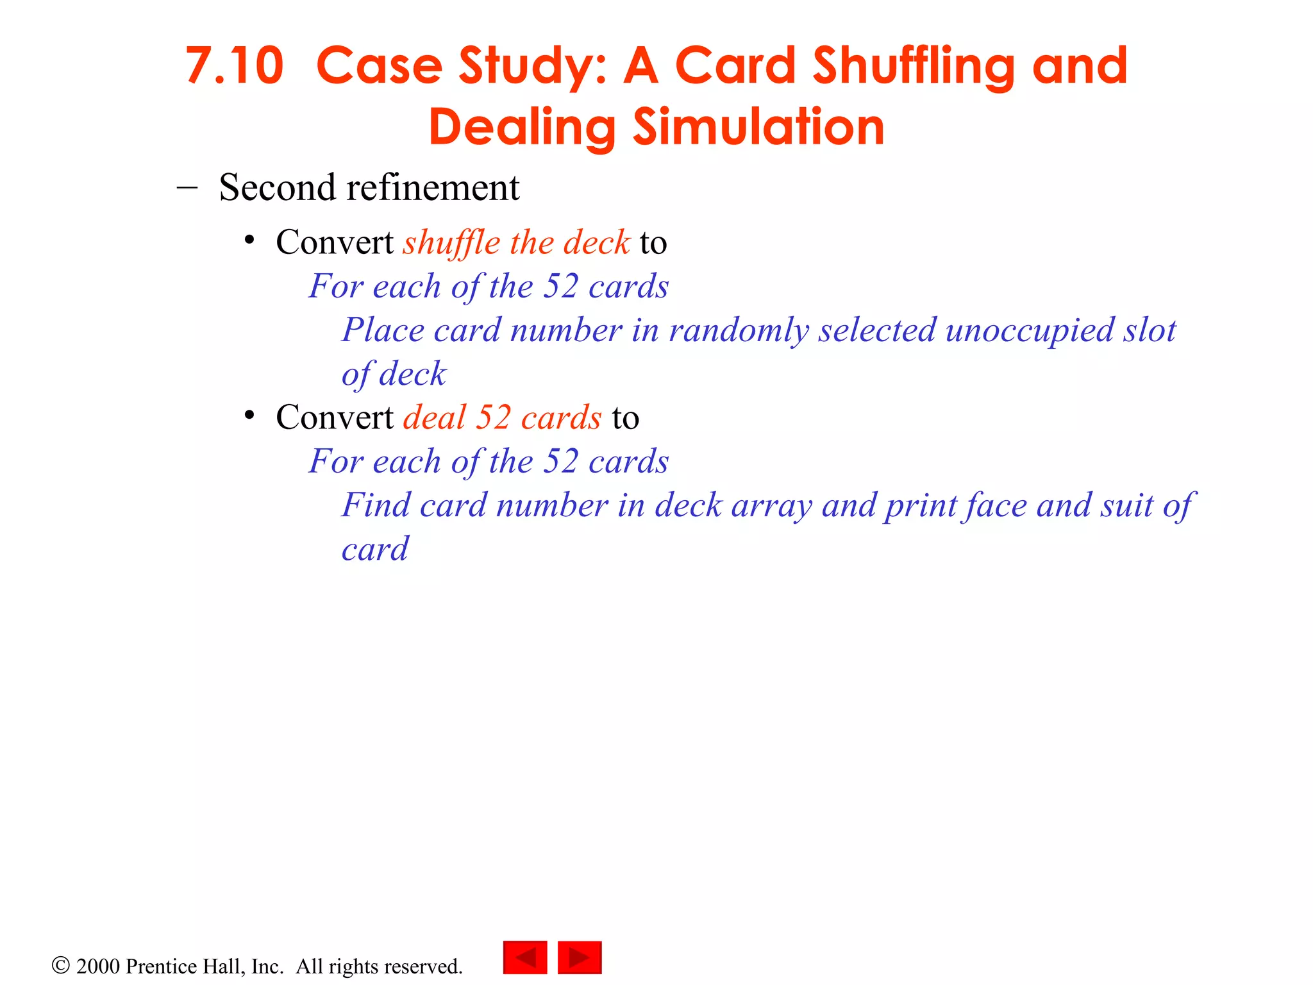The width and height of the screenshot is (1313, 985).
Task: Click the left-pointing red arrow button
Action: pyautogui.click(x=525, y=957)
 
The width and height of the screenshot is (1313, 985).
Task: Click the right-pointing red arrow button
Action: pyautogui.click(x=580, y=957)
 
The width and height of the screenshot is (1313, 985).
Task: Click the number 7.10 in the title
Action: pyautogui.click(x=234, y=66)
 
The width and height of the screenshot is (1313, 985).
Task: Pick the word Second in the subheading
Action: pyautogui.click(x=278, y=188)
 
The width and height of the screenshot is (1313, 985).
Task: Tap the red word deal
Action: pyautogui.click(x=434, y=417)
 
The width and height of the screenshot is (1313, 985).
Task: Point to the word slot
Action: pyautogui.click(x=1150, y=330)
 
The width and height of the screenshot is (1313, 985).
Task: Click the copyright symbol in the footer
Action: pyautogui.click(x=60, y=965)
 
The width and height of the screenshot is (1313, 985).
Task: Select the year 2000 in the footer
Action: pyautogui.click(x=97, y=966)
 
